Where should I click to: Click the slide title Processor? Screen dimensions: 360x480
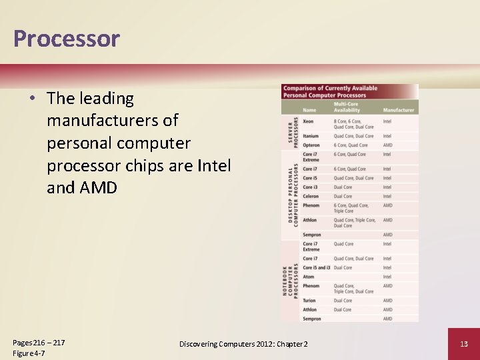point(66,39)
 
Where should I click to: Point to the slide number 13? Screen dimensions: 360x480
point(463,343)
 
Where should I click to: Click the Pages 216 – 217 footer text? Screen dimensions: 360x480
point(39,342)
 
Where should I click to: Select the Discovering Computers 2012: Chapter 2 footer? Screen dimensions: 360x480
point(243,343)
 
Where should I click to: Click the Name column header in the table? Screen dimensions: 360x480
point(309,110)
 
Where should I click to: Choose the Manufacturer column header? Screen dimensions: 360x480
point(399,110)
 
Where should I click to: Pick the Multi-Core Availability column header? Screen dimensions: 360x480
point(347,107)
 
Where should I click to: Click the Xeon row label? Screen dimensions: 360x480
point(308,121)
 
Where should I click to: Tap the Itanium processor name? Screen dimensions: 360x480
point(311,136)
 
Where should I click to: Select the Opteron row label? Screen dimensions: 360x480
point(311,145)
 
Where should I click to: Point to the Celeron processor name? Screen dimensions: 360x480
point(311,197)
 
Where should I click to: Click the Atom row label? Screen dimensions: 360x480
point(309,277)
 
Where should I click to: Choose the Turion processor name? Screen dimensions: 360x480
point(309,301)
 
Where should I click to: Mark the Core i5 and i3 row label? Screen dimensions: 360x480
point(317,267)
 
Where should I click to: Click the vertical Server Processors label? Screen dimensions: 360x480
point(291,133)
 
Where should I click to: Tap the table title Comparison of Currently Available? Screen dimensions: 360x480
point(329,88)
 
